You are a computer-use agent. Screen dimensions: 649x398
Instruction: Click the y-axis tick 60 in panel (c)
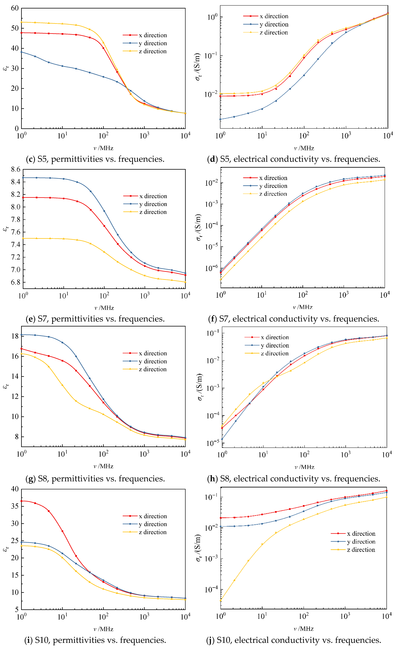15,8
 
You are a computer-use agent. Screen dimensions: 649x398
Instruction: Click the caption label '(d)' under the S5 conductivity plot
212,159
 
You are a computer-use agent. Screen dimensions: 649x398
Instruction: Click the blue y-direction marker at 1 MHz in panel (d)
220,119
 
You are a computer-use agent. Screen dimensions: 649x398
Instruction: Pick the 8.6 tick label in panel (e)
16,169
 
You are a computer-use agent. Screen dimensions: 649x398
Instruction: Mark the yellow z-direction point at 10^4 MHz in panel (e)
185,282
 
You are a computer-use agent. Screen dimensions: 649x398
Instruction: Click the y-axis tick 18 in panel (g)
15,336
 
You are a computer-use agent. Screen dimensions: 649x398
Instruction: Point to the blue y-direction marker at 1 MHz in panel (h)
222,439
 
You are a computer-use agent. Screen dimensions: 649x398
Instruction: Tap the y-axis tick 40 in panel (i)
15,489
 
